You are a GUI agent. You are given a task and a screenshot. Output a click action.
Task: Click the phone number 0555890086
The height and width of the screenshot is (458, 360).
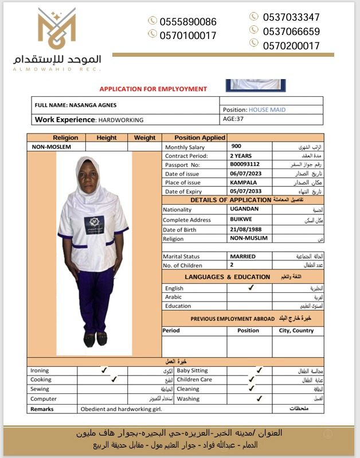[188, 22]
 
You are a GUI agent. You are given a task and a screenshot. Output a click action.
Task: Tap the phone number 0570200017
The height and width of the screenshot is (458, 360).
[291, 46]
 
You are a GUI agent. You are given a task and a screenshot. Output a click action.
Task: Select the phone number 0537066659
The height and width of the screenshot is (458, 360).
[291, 32]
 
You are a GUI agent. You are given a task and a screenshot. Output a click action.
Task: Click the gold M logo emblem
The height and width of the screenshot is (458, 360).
[57, 29]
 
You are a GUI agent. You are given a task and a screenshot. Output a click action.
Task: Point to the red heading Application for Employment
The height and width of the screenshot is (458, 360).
[153, 89]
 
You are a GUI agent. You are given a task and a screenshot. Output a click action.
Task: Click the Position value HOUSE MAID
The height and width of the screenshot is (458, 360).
[267, 109]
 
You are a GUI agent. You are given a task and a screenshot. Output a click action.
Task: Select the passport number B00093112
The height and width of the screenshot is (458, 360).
[245, 165]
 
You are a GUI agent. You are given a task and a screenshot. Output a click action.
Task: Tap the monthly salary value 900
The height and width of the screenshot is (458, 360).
[236, 147]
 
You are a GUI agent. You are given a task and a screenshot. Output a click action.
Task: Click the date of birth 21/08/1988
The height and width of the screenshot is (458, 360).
[246, 229]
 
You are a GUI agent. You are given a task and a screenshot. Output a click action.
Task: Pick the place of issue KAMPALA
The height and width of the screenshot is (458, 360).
[243, 182]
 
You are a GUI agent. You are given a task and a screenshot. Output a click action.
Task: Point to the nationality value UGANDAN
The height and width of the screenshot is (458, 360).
[244, 209]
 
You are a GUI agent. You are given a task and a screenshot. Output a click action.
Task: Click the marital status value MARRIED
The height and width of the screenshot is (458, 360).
[242, 256]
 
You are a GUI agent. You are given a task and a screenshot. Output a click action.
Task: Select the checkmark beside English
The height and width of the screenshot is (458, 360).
[251, 288]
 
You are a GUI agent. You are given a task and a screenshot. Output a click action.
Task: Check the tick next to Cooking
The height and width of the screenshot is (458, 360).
[114, 379]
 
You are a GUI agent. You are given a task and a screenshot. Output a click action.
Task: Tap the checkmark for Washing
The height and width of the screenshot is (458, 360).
[259, 398]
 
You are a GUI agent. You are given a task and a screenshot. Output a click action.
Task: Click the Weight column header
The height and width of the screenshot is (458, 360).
[144, 138]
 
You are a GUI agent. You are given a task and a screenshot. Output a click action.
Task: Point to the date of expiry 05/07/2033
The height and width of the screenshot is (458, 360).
[246, 191]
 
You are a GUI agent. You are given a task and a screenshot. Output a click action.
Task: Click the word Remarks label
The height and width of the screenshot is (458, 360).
[42, 409]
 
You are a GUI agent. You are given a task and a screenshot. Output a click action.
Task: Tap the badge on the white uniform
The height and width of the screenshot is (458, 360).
[94, 224]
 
